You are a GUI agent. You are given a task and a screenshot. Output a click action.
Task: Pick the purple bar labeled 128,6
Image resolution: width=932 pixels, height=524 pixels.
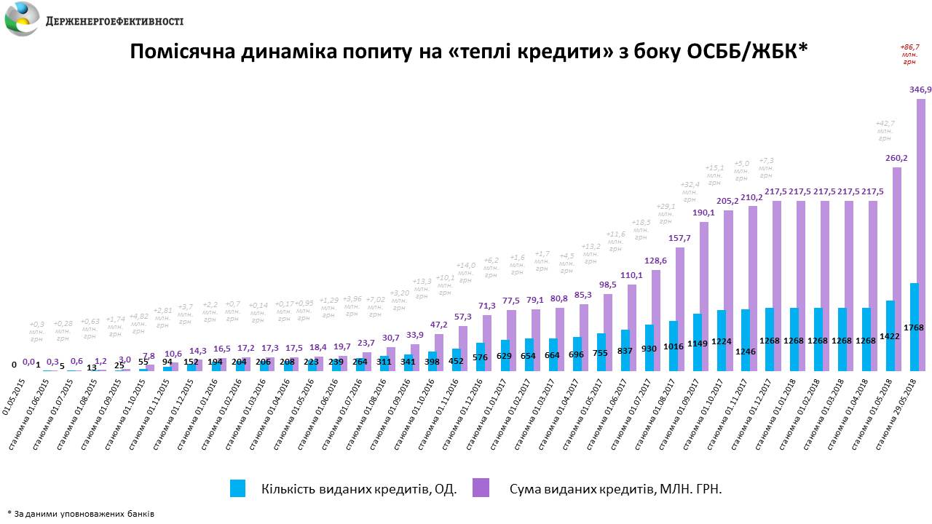tap(656, 320)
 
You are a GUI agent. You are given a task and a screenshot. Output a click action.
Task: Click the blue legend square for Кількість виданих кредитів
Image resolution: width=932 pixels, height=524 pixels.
tap(238, 488)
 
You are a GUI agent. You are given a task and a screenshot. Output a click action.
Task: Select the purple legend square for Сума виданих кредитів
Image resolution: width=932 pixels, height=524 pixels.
tap(481, 488)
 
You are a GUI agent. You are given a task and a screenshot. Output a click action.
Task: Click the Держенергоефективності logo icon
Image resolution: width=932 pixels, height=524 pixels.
tap(22, 20)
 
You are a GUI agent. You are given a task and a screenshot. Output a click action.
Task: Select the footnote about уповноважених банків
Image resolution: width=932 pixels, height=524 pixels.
tap(80, 513)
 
